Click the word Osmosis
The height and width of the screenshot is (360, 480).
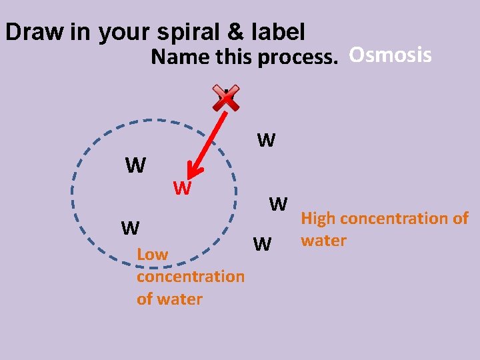390,55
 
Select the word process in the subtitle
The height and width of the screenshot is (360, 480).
297,58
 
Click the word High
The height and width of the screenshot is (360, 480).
319,218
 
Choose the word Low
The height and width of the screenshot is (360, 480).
152,254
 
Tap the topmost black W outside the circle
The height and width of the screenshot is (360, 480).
266,140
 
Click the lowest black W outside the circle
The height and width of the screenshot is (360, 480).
263,245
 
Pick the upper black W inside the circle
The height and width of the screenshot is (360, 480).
135,165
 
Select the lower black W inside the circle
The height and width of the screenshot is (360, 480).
130,228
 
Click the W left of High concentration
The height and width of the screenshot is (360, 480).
278,203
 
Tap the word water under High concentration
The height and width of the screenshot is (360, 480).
323,240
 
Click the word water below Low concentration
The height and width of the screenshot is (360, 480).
169,299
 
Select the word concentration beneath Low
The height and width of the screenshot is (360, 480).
190,276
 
